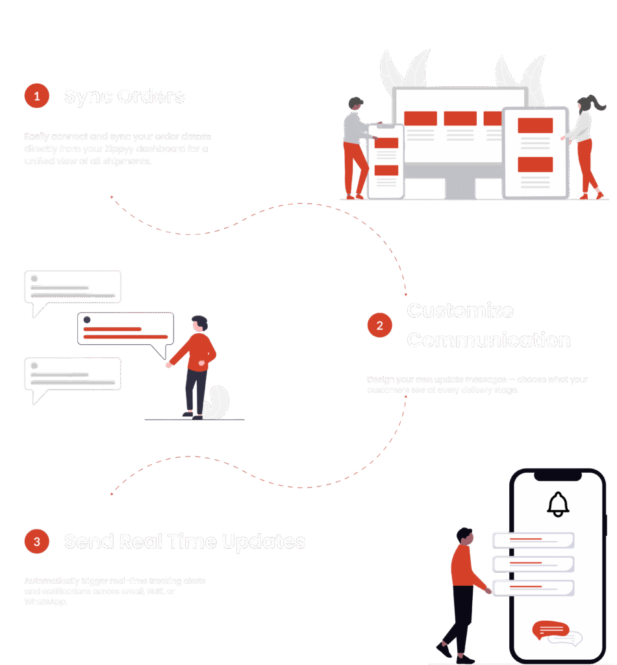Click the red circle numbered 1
point(37,96)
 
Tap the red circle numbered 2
point(379,325)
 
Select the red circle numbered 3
point(37,541)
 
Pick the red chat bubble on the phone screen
point(550,629)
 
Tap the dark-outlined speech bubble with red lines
point(126,331)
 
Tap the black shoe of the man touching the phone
point(444,649)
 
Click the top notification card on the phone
point(533,540)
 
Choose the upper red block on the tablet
point(535,125)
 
